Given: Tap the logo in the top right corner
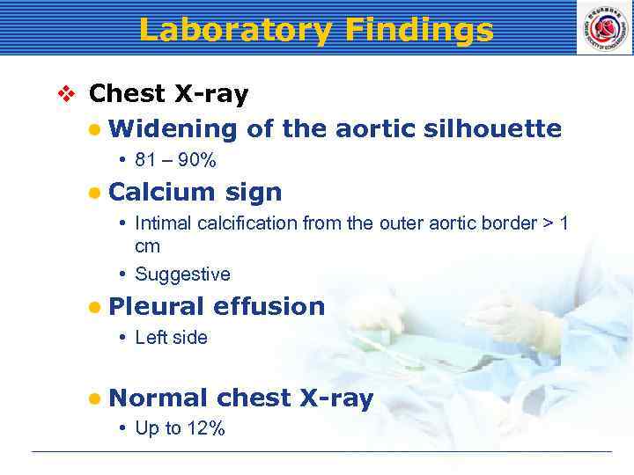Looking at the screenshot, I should click(x=603, y=27).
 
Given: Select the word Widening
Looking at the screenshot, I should click(x=173, y=129).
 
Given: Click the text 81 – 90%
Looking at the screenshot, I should click(x=175, y=161).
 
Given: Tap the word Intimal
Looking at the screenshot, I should click(x=163, y=223).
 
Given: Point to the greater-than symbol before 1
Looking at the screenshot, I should click(x=546, y=223).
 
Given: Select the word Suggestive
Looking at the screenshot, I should click(x=182, y=274).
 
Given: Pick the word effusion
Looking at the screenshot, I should click(x=269, y=306).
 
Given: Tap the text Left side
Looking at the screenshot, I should click(x=171, y=338).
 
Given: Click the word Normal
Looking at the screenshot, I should click(x=158, y=398).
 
